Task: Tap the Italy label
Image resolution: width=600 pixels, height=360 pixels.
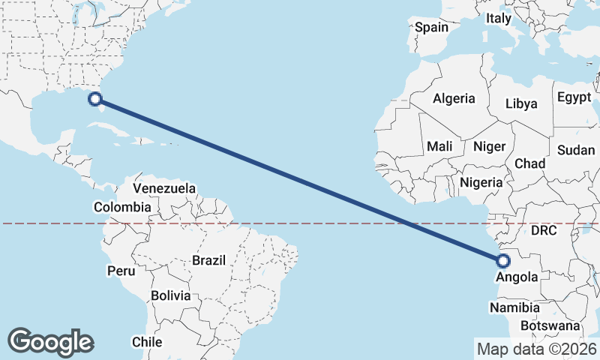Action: tap(498, 18)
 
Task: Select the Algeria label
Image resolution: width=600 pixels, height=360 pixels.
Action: tap(454, 98)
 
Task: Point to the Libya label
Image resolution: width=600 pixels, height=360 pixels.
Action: tap(521, 103)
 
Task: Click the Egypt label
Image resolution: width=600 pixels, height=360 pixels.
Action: tap(574, 97)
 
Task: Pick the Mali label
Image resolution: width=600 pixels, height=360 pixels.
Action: tap(439, 147)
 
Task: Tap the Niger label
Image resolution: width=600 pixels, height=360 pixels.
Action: tap(489, 147)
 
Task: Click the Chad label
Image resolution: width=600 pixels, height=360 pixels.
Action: tap(529, 163)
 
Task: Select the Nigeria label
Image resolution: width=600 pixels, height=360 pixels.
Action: tap(481, 182)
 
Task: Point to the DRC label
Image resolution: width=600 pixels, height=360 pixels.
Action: tap(543, 230)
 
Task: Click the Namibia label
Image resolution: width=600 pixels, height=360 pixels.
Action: tap(514, 307)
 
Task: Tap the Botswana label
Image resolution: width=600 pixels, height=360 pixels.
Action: tap(550, 326)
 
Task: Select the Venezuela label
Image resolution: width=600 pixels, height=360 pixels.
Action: tap(164, 188)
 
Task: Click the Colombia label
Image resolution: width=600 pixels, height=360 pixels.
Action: tap(122, 207)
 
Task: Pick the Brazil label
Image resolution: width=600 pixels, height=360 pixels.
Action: tap(209, 260)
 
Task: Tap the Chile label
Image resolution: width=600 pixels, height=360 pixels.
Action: tap(147, 341)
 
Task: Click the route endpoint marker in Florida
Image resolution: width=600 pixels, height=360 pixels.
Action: tap(95, 98)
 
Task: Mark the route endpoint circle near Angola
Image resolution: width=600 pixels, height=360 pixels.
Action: tap(502, 261)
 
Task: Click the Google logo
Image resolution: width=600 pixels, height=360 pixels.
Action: tap(50, 342)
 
